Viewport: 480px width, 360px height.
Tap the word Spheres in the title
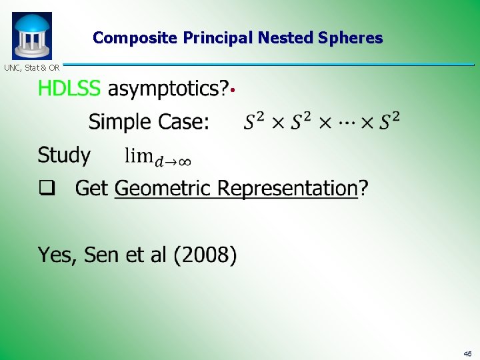[x=351, y=38]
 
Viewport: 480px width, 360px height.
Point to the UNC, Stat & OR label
[x=32, y=67]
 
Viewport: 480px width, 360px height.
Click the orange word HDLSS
[x=70, y=88]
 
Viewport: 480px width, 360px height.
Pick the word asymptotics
[x=168, y=89]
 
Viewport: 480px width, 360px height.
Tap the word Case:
[x=181, y=122]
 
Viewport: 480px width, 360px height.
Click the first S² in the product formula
[x=254, y=121]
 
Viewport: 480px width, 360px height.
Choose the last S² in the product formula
[x=389, y=121]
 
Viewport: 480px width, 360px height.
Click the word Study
[x=64, y=156]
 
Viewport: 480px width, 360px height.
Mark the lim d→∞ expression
[x=159, y=157]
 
